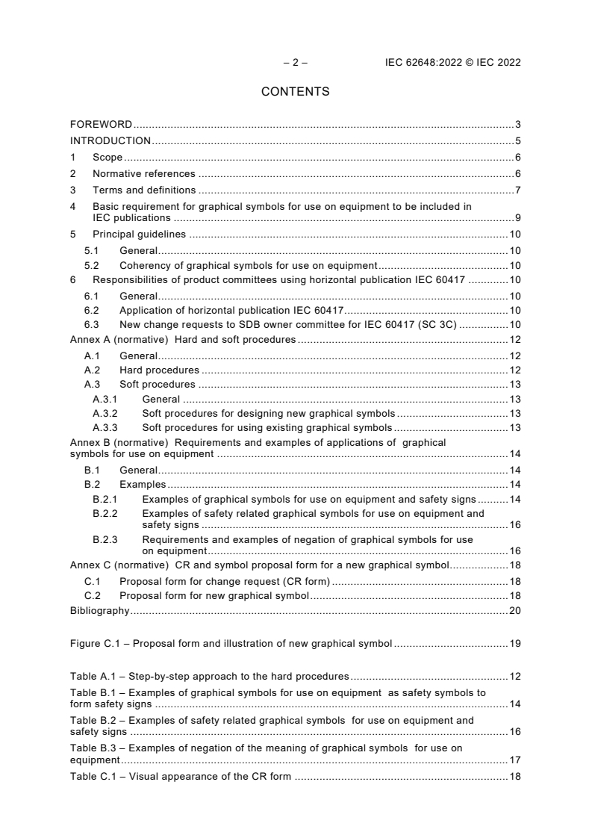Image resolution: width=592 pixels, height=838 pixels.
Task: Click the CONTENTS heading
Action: point(296,92)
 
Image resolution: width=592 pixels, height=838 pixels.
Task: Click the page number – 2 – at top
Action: point(296,63)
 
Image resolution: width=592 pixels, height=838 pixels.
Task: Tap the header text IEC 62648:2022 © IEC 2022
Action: point(447,63)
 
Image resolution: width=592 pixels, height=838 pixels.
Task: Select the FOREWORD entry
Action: point(101,124)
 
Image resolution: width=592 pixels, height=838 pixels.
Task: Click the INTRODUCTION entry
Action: point(110,140)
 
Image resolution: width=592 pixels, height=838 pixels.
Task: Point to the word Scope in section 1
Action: point(108,158)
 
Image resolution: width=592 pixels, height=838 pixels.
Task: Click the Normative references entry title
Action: point(143,174)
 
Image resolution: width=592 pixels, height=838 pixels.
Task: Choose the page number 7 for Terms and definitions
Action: point(517,190)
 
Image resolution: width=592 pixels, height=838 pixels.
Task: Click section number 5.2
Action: point(92,265)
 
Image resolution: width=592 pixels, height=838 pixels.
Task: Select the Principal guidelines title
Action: point(139,235)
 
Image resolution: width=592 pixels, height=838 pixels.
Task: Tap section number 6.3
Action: point(92,325)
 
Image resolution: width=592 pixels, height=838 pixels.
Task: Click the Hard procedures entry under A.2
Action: point(159,370)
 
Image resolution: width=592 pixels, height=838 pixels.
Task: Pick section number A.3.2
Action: point(105,414)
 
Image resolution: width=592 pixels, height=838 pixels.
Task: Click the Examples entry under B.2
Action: point(143,485)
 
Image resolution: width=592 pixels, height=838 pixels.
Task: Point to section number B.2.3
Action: point(105,539)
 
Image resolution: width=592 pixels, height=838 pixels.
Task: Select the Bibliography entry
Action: point(99,611)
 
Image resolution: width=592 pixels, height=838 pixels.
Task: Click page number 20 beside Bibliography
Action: point(514,611)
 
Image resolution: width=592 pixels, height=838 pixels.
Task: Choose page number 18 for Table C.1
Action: point(514,777)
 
